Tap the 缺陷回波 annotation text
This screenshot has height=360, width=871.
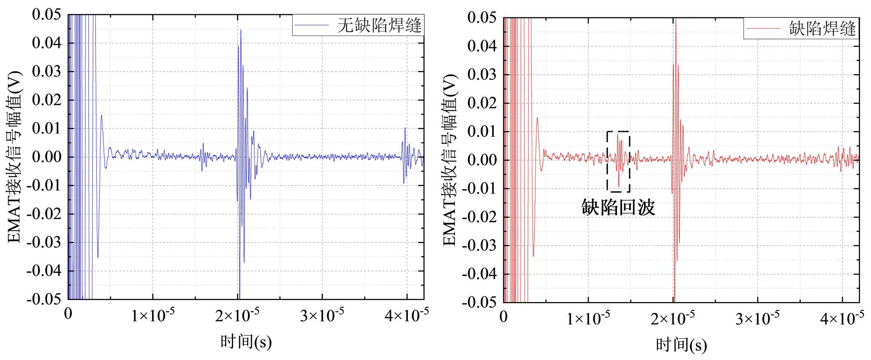[618, 207]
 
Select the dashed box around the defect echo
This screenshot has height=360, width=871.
[607, 162]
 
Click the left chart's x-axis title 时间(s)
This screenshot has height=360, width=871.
[246, 342]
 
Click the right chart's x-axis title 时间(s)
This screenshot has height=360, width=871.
[681, 345]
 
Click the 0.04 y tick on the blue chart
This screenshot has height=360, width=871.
[47, 43]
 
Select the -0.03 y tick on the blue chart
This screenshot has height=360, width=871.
[44, 242]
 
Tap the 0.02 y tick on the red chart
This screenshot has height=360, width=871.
[482, 103]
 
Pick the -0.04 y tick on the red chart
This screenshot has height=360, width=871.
[479, 274]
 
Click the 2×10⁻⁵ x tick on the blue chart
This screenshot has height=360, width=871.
[237, 314]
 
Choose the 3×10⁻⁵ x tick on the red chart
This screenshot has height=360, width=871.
[757, 318]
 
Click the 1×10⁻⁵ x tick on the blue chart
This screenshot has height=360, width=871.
[153, 314]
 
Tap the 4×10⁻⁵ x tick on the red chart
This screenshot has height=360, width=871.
[842, 318]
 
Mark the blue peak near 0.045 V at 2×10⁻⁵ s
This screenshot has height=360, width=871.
[241, 31]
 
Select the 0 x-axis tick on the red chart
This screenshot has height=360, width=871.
[504, 317]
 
